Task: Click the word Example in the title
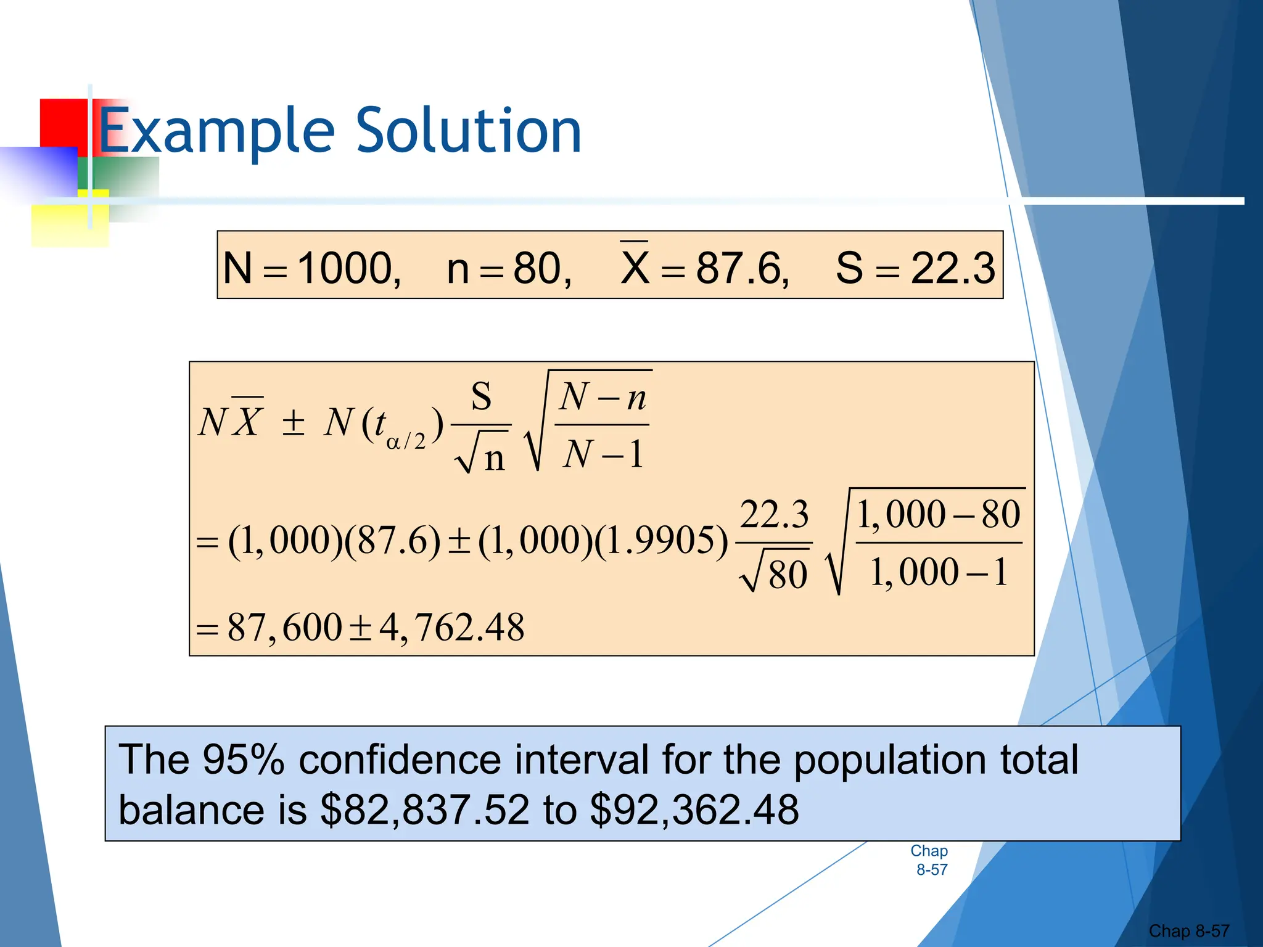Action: (216, 131)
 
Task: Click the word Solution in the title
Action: (469, 131)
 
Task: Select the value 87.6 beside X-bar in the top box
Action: (740, 268)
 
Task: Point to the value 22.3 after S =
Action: (953, 268)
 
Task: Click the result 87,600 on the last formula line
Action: (284, 628)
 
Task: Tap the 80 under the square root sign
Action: (788, 575)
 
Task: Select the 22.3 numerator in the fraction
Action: (774, 514)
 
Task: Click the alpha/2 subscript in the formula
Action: (406, 441)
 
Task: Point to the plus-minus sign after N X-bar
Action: (293, 423)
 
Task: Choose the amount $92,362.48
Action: (694, 810)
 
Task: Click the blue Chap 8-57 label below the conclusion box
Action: (930, 860)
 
